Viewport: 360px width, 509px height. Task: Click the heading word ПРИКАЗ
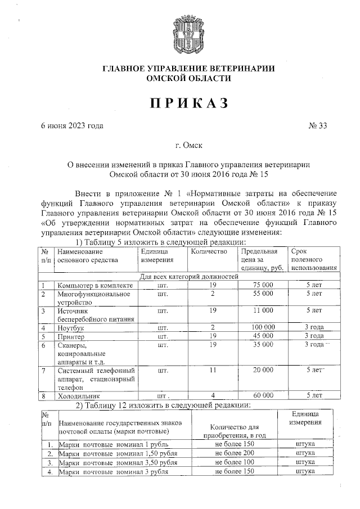pos(180,103)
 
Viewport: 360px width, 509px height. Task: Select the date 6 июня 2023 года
pos(72,125)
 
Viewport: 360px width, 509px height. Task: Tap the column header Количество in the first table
pos(209,251)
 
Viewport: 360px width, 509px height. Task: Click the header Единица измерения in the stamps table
pos(305,418)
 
